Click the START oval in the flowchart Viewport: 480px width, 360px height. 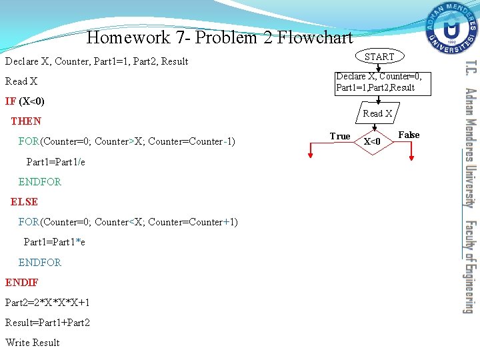point(379,57)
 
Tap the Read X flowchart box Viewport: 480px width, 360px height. point(377,113)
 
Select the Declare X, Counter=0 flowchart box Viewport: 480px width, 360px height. point(379,82)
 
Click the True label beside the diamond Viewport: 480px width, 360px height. point(340,137)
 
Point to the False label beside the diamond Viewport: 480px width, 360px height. point(409,135)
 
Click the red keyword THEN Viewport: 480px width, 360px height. point(26,121)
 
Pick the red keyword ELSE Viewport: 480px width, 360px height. point(24,201)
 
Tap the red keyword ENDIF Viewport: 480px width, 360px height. point(22,283)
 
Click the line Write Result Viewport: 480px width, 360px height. point(33,343)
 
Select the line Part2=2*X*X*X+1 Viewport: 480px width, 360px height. point(47,303)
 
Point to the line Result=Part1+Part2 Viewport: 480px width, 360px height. point(47,323)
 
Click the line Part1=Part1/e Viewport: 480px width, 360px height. point(55,162)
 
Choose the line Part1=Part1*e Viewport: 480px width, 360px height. point(55,242)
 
